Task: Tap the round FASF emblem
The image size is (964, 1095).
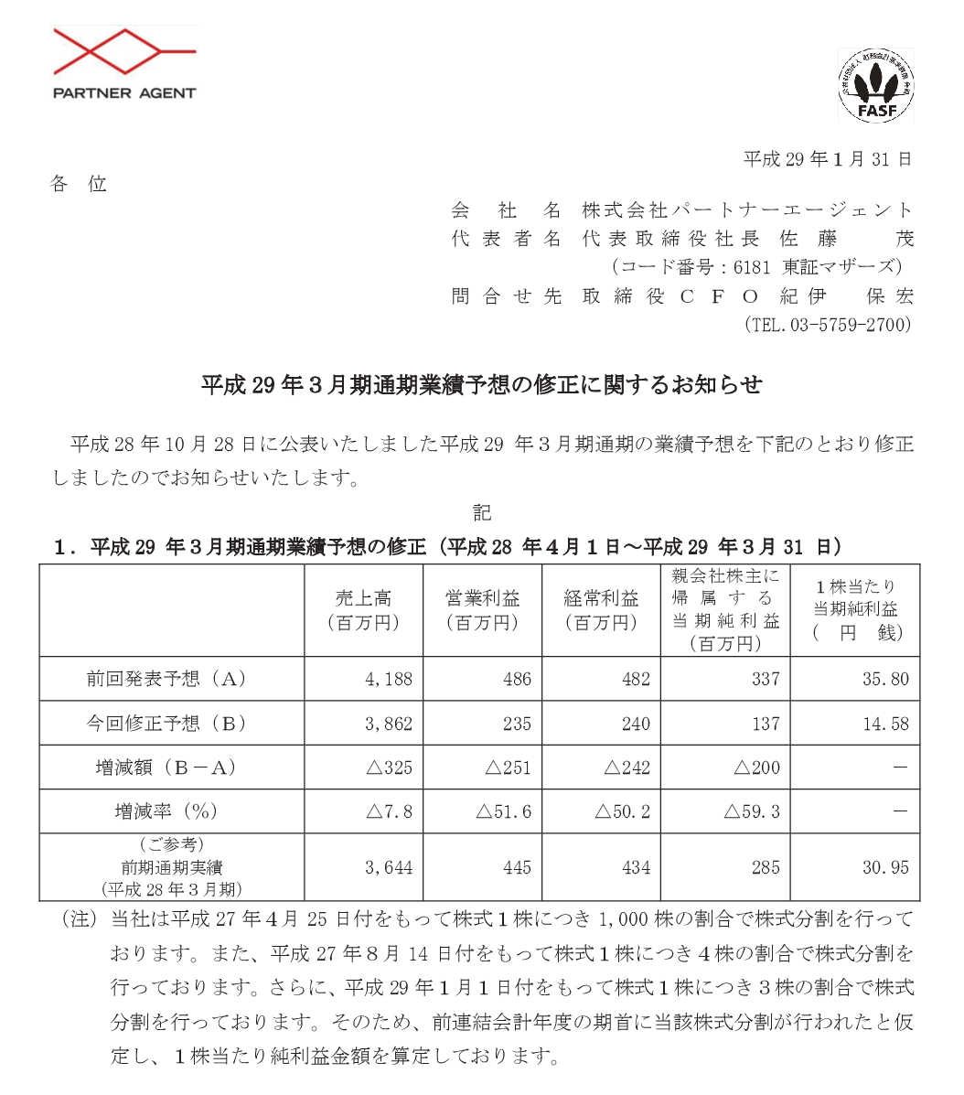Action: [x=875, y=86]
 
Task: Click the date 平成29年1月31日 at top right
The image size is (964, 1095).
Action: [x=828, y=159]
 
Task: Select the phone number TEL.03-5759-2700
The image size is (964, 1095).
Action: [x=829, y=325]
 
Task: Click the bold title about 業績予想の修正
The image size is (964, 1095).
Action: [x=481, y=385]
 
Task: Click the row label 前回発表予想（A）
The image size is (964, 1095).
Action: [x=171, y=679]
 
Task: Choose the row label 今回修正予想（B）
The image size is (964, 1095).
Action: [x=171, y=723]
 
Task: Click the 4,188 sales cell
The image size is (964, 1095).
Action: [x=389, y=679]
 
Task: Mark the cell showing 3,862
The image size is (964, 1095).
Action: [x=389, y=723]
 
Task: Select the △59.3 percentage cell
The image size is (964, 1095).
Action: [x=752, y=811]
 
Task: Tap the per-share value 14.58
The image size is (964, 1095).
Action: [x=885, y=723]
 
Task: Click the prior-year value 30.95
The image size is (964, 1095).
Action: [x=885, y=867]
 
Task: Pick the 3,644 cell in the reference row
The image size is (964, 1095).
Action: [x=389, y=867]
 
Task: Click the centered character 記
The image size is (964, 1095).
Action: [x=481, y=512]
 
